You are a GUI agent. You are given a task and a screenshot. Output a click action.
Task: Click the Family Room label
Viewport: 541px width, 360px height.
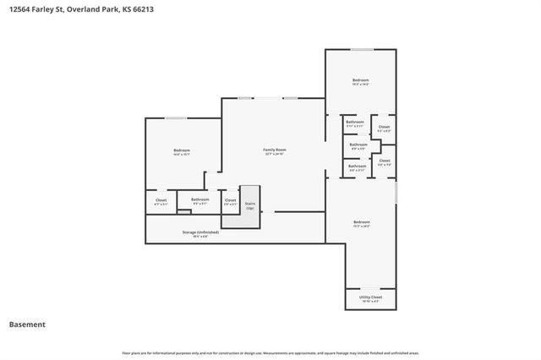[274, 150]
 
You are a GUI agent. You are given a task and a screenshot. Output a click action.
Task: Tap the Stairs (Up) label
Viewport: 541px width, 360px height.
[250, 204]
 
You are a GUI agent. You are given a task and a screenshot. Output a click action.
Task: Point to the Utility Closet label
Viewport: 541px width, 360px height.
[370, 297]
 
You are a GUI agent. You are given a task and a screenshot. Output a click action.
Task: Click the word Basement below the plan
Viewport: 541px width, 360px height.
[27, 325]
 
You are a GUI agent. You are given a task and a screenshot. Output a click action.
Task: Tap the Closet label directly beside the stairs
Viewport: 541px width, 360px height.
[230, 199]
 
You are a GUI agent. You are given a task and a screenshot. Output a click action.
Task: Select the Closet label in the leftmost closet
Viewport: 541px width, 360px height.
[161, 200]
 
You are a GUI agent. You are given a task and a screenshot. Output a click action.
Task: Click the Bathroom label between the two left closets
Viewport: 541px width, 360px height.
[200, 199]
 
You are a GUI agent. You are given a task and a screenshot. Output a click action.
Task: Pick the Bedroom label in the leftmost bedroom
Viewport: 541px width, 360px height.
[181, 150]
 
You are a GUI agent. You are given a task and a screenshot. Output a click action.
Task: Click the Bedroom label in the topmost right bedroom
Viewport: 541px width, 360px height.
[361, 80]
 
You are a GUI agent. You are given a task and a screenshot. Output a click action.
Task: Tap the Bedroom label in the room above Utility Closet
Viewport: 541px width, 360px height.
[361, 222]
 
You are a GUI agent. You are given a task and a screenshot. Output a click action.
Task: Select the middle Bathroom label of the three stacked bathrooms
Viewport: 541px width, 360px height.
[358, 144]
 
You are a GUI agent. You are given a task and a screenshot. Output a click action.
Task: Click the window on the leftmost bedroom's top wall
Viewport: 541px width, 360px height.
[176, 117]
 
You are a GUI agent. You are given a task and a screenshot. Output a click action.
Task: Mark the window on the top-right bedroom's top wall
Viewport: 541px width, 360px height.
[361, 49]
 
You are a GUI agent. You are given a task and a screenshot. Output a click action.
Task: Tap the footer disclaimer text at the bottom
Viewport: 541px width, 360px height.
[270, 352]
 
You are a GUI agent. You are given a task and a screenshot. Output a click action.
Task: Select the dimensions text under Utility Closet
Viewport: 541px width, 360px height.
[370, 302]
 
